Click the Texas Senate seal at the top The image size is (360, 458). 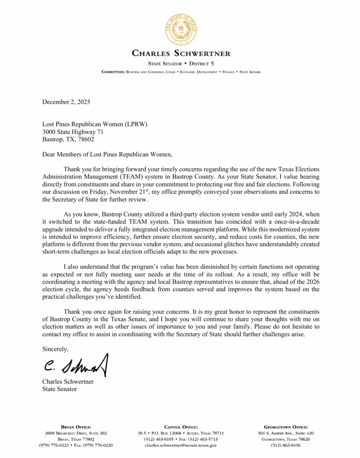181,28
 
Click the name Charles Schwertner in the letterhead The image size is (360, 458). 181,54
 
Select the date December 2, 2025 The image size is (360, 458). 66,102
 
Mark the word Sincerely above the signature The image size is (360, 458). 55,348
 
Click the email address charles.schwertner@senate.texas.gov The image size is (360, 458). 181,445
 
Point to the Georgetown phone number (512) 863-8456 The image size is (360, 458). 286,445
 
